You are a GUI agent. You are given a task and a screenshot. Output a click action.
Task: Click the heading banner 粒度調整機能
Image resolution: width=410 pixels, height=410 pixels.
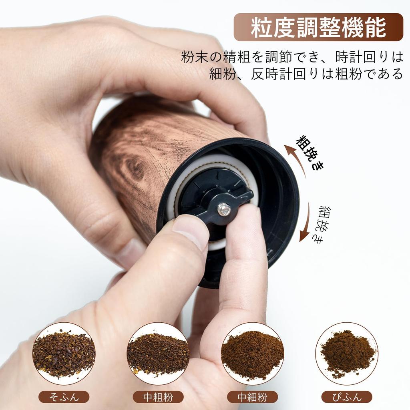pyautogui.click(x=318, y=27)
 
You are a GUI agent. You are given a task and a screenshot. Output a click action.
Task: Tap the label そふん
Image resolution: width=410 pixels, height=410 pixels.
pyautogui.click(x=64, y=397)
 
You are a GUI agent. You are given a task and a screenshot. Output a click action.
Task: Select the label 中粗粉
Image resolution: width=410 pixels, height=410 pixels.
pyautogui.click(x=158, y=397)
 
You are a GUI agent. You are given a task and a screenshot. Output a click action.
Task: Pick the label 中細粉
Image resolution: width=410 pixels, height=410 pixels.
pyautogui.click(x=252, y=397)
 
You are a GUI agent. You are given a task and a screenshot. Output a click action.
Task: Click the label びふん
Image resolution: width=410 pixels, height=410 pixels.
pyautogui.click(x=347, y=397)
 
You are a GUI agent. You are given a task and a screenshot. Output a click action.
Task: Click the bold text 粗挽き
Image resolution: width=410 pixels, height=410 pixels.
pyautogui.click(x=311, y=152)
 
